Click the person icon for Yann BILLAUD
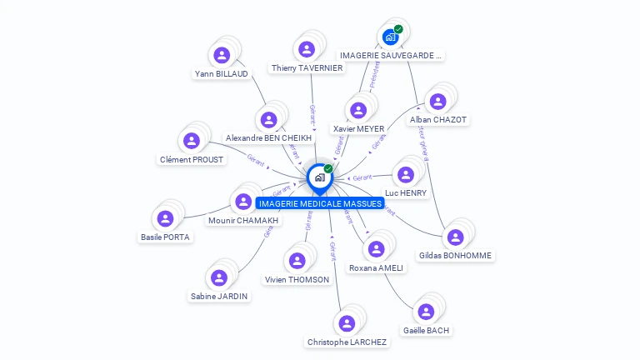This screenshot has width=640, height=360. [x=222, y=55]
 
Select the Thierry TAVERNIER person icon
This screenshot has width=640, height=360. [x=307, y=49]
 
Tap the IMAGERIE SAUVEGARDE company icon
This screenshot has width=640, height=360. [x=390, y=37]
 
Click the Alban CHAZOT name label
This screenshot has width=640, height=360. [x=438, y=120]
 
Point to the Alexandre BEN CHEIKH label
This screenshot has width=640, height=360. [x=268, y=138]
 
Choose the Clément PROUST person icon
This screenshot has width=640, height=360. [x=192, y=141]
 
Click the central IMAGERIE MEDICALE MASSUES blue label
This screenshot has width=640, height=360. [x=320, y=203]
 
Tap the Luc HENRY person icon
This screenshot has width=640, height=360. [x=406, y=174]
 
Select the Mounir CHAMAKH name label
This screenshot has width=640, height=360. [x=244, y=221]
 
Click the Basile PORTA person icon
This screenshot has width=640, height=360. [x=165, y=218]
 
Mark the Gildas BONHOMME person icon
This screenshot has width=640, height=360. [x=455, y=237]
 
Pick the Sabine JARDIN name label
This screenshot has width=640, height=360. [x=219, y=296]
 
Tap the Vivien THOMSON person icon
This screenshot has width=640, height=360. [x=297, y=261]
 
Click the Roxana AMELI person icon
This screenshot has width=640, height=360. [x=376, y=249]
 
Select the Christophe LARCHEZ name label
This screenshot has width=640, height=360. [x=347, y=342]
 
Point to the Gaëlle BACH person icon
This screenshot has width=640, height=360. [x=426, y=312]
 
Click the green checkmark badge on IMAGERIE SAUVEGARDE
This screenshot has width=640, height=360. [x=398, y=29]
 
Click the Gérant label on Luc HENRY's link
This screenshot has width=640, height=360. [x=362, y=177]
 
